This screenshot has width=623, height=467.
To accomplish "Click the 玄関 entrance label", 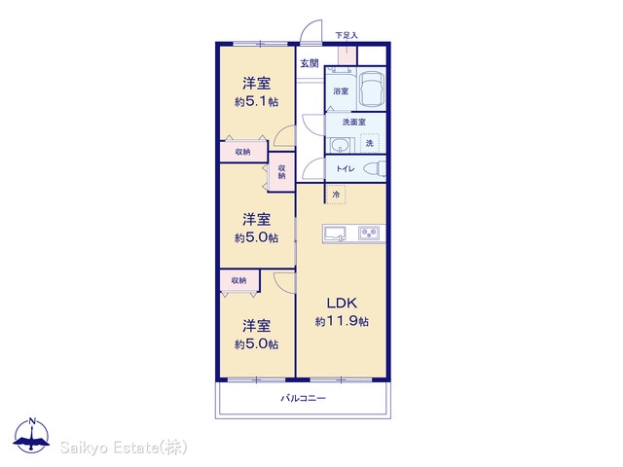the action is click(x=310, y=63).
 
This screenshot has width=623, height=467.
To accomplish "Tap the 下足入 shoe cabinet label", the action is click(x=347, y=35).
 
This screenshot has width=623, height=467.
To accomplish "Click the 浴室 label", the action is click(x=341, y=91).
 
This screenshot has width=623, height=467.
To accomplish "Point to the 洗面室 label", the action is click(x=354, y=122).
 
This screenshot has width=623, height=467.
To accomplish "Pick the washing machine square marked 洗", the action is click(x=370, y=143).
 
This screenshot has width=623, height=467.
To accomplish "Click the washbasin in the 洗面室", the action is click(x=340, y=145).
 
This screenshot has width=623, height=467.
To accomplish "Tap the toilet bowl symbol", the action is click(x=375, y=168).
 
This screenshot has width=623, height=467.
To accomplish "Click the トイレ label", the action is click(x=346, y=168).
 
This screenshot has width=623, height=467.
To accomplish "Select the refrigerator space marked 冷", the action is click(x=336, y=195).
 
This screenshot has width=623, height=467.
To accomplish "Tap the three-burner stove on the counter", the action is click(x=370, y=233).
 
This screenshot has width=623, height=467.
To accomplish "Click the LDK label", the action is click(x=342, y=303).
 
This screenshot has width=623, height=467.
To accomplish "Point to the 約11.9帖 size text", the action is click(x=342, y=321).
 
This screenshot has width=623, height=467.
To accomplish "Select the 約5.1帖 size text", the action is click(x=256, y=101).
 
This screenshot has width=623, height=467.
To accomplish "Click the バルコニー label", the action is click(x=303, y=398).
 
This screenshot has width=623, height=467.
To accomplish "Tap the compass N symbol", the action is click(x=32, y=435).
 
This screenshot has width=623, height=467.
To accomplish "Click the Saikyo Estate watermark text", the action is click(x=124, y=448).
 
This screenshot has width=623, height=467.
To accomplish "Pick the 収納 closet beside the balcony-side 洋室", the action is click(x=239, y=281).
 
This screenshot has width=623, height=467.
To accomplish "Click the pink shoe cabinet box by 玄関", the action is click(x=347, y=55).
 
